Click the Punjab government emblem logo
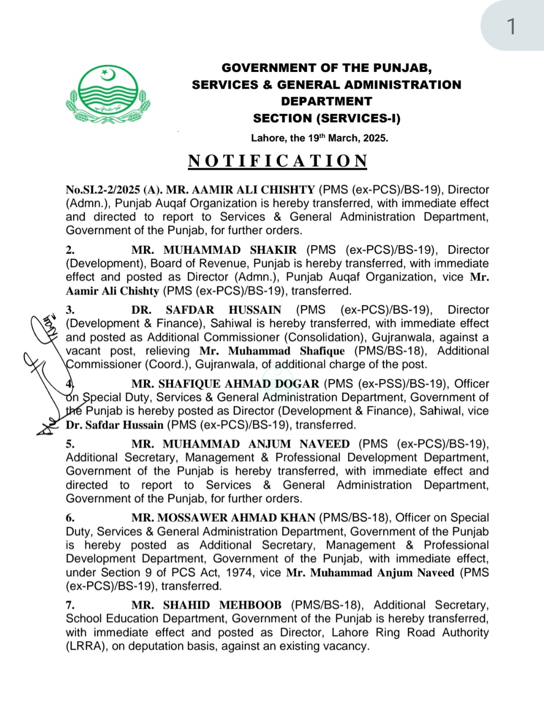point(108,94)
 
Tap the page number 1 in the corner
point(511,26)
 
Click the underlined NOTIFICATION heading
point(278,161)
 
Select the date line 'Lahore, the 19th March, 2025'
point(319,138)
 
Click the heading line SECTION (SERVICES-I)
point(326,118)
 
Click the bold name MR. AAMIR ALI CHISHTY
point(240,190)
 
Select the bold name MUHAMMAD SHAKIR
point(230,250)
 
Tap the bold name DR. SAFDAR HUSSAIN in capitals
point(206,310)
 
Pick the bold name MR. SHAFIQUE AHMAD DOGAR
point(225,384)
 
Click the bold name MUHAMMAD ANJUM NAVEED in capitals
point(256,444)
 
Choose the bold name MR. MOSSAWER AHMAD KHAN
point(223,518)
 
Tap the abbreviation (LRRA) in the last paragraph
point(87,646)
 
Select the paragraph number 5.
point(70,444)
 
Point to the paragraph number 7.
point(70,605)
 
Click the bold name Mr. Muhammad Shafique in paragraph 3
point(272,351)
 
